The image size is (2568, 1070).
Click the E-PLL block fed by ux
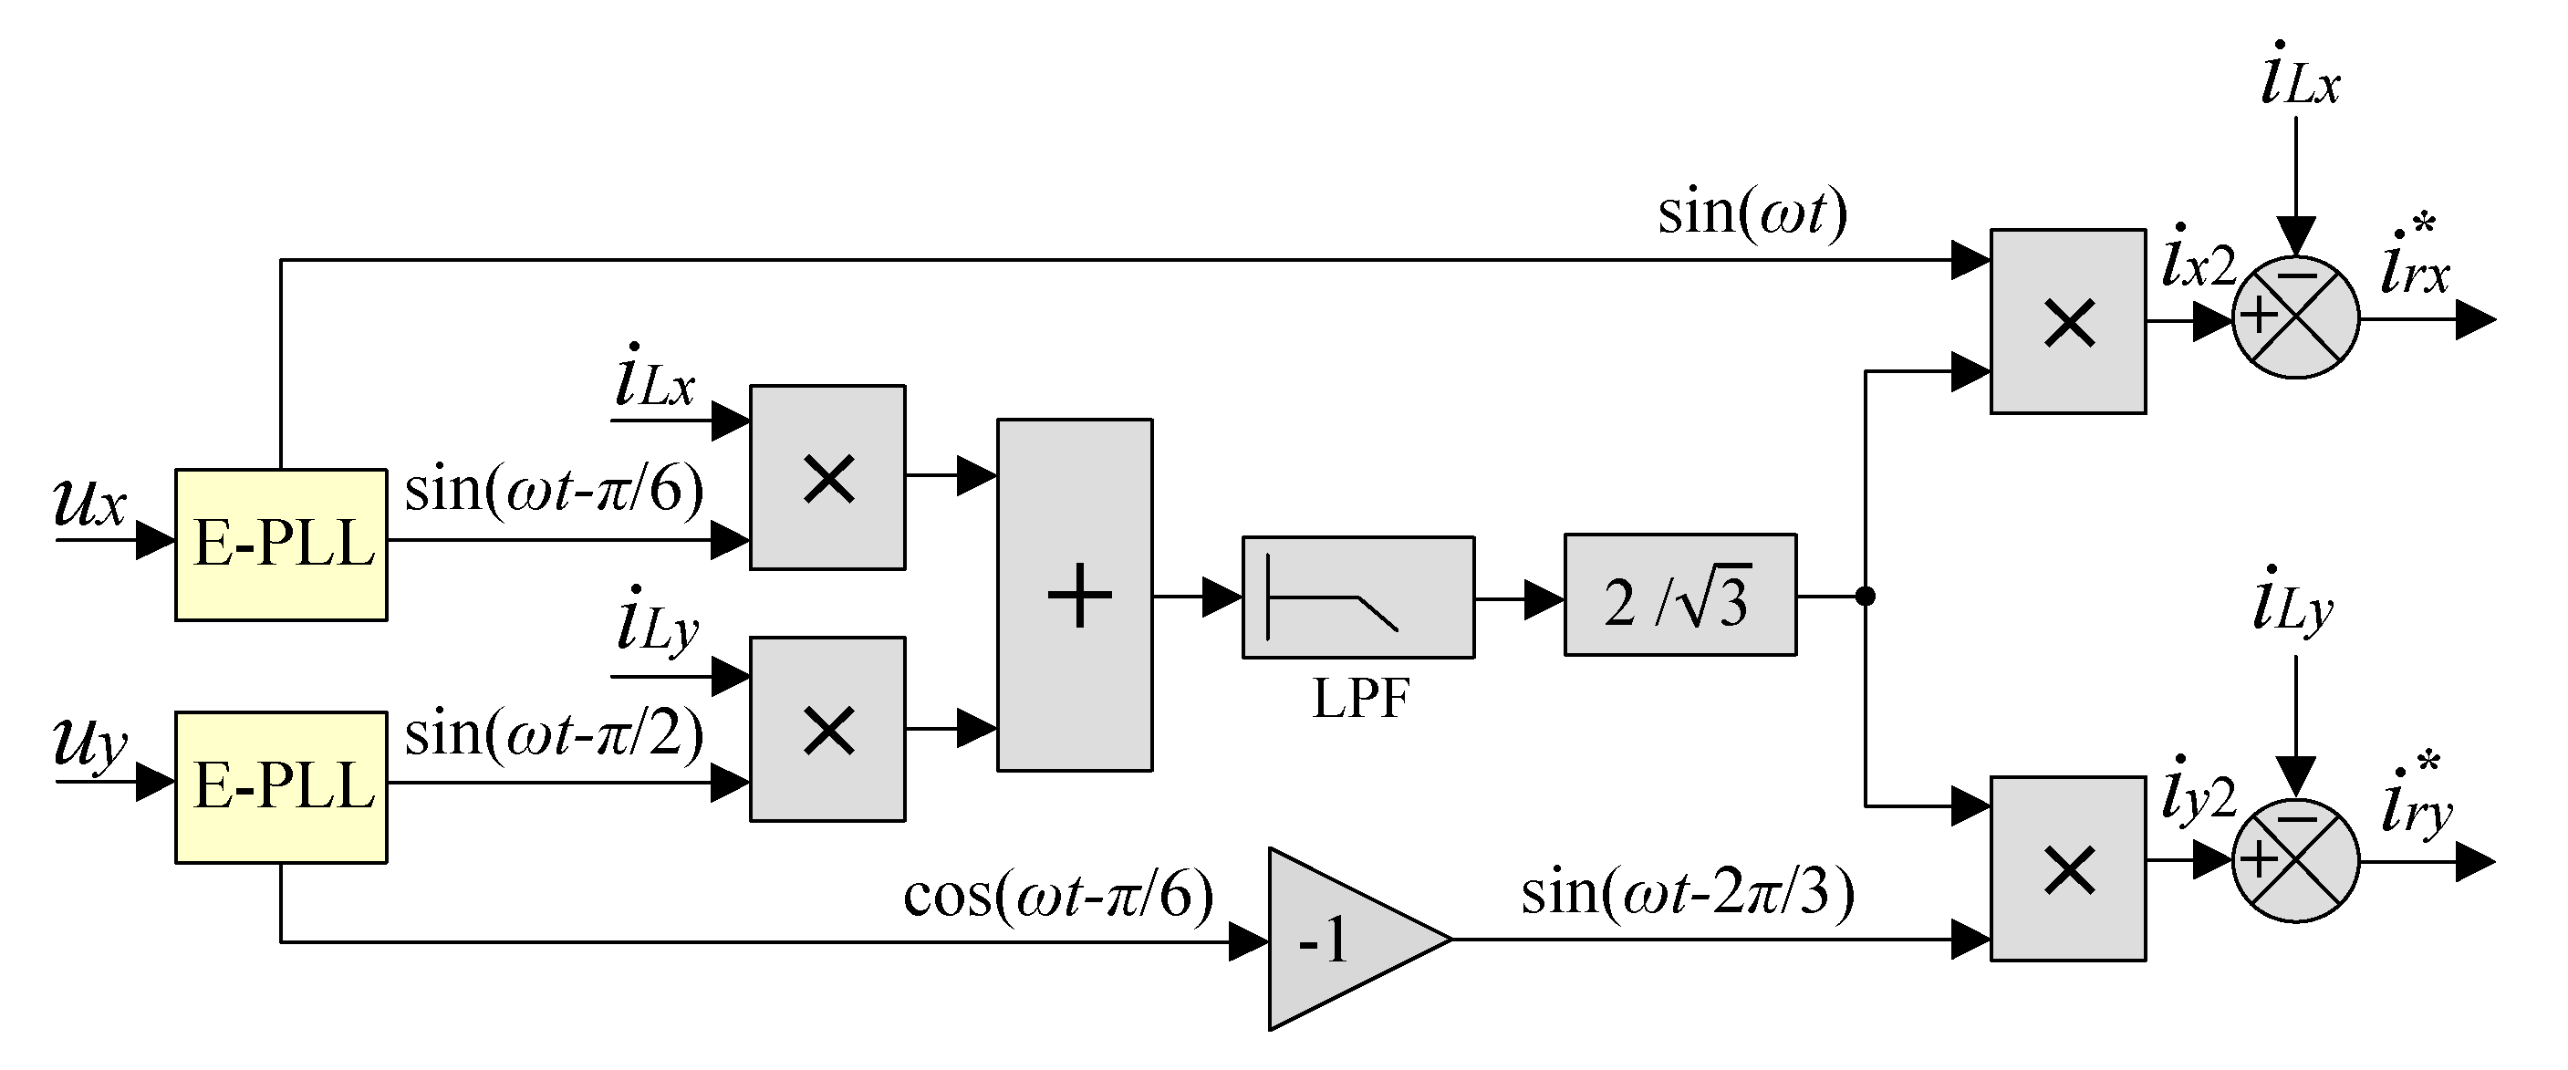coord(281,545)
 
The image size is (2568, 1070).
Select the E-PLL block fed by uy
coord(281,787)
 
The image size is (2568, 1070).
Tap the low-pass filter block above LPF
coord(1357,597)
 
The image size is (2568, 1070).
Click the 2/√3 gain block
coord(1679,596)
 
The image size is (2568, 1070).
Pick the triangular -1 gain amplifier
coord(1346,940)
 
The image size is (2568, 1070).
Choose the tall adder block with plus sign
coord(1075,596)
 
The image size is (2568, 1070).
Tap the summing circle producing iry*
coord(2295,860)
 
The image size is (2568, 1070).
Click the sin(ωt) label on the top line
coord(1752,213)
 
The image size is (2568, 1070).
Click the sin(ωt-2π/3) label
coord(1687,891)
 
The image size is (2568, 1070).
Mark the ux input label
coord(89,502)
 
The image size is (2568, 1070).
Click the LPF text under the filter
coord(1361,698)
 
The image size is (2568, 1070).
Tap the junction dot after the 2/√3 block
coord(1866,597)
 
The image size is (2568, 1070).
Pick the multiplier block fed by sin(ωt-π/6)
coord(827,478)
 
